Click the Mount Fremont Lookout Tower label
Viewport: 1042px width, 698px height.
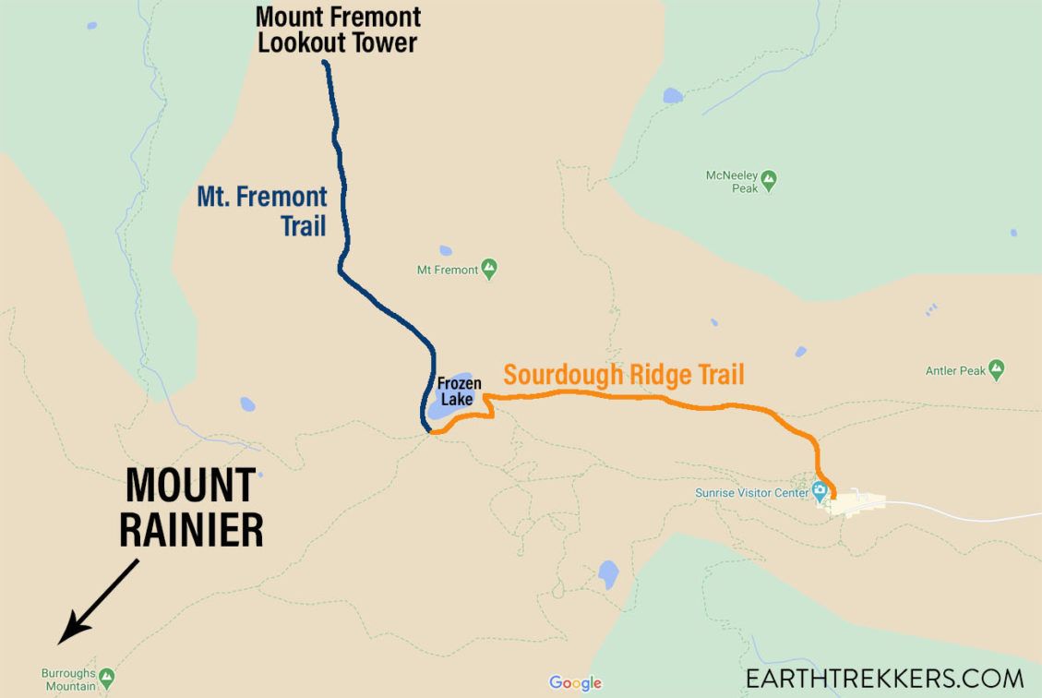click(338, 30)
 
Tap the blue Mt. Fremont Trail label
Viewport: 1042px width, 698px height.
click(263, 210)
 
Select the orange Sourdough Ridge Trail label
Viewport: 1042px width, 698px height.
click(624, 375)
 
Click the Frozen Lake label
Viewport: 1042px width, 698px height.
click(459, 391)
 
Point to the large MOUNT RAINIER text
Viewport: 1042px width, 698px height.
click(192, 508)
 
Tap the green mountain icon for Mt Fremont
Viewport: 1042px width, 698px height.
click(489, 270)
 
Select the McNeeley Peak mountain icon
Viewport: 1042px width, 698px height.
click(768, 180)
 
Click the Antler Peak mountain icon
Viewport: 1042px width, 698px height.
click(995, 370)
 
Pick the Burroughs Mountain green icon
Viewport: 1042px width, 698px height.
click(107, 679)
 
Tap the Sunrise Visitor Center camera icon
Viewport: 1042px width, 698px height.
click(820, 490)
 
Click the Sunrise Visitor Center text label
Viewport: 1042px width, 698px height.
click(751, 492)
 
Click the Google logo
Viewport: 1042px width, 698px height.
click(575, 683)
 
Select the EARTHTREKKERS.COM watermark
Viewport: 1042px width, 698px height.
click(884, 678)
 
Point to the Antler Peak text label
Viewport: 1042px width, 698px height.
click(954, 371)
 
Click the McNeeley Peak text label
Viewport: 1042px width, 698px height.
click(731, 181)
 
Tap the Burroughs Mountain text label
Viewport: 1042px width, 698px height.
click(69, 680)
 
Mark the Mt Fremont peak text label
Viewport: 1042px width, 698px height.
click(448, 271)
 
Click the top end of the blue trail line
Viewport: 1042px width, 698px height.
click(326, 64)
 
